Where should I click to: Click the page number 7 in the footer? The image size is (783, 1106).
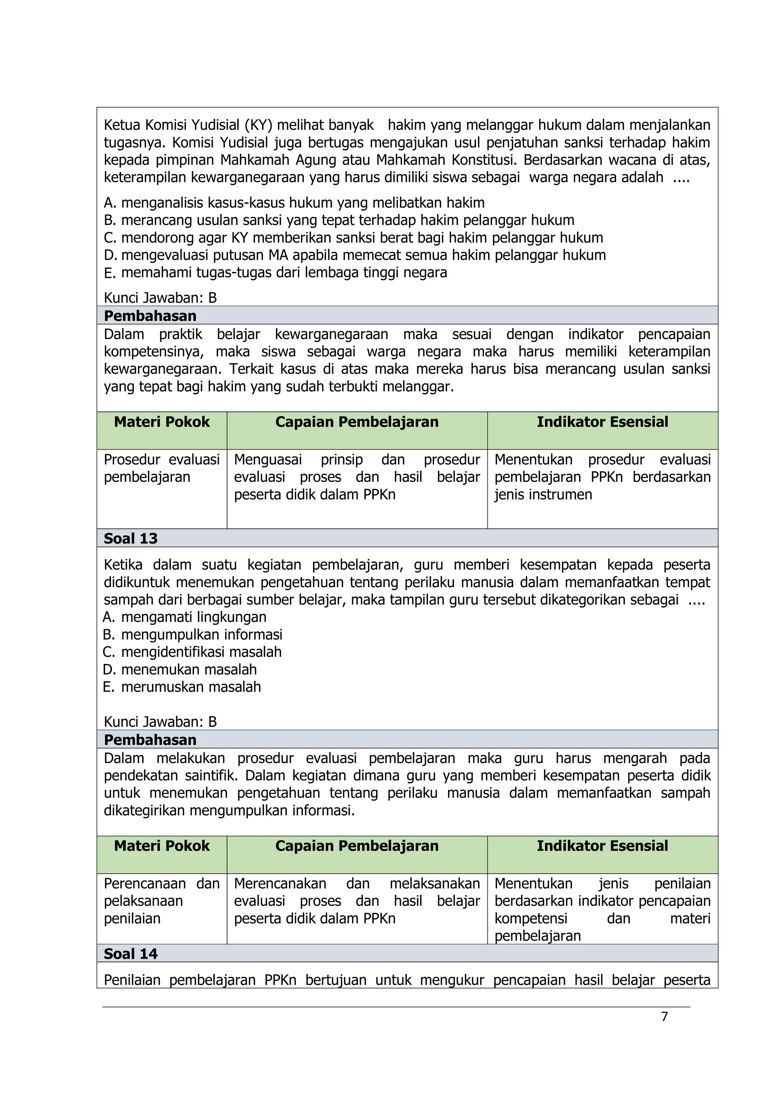coord(664,1016)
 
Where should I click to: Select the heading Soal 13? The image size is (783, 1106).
coord(131,538)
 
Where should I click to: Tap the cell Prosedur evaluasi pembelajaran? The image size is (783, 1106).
coord(161,468)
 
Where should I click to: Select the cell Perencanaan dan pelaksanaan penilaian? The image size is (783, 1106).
coord(161,901)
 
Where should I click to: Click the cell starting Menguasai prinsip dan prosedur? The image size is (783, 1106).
coord(357,477)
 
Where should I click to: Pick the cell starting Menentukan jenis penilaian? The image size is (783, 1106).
coord(602,910)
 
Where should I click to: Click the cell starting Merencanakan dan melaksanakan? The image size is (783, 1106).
coord(357,901)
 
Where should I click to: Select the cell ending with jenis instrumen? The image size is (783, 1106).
coord(602,477)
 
